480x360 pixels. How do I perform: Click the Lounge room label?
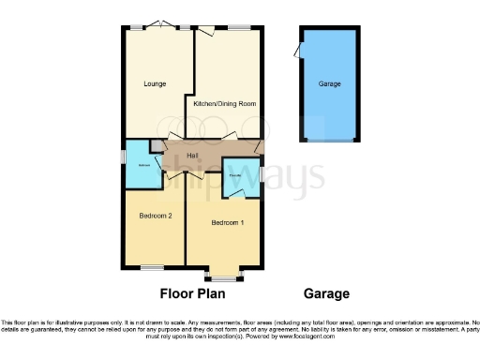coord(156,83)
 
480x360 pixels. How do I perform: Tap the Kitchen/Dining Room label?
coord(225,104)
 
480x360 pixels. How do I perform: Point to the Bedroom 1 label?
coord(228,222)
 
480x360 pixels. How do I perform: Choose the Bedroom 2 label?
coord(156,216)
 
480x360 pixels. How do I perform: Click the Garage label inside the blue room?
coord(329,84)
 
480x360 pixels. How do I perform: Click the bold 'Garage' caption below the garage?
coord(326,292)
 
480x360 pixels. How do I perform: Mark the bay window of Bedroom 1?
coord(224,277)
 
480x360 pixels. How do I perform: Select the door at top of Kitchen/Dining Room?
coord(203,32)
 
